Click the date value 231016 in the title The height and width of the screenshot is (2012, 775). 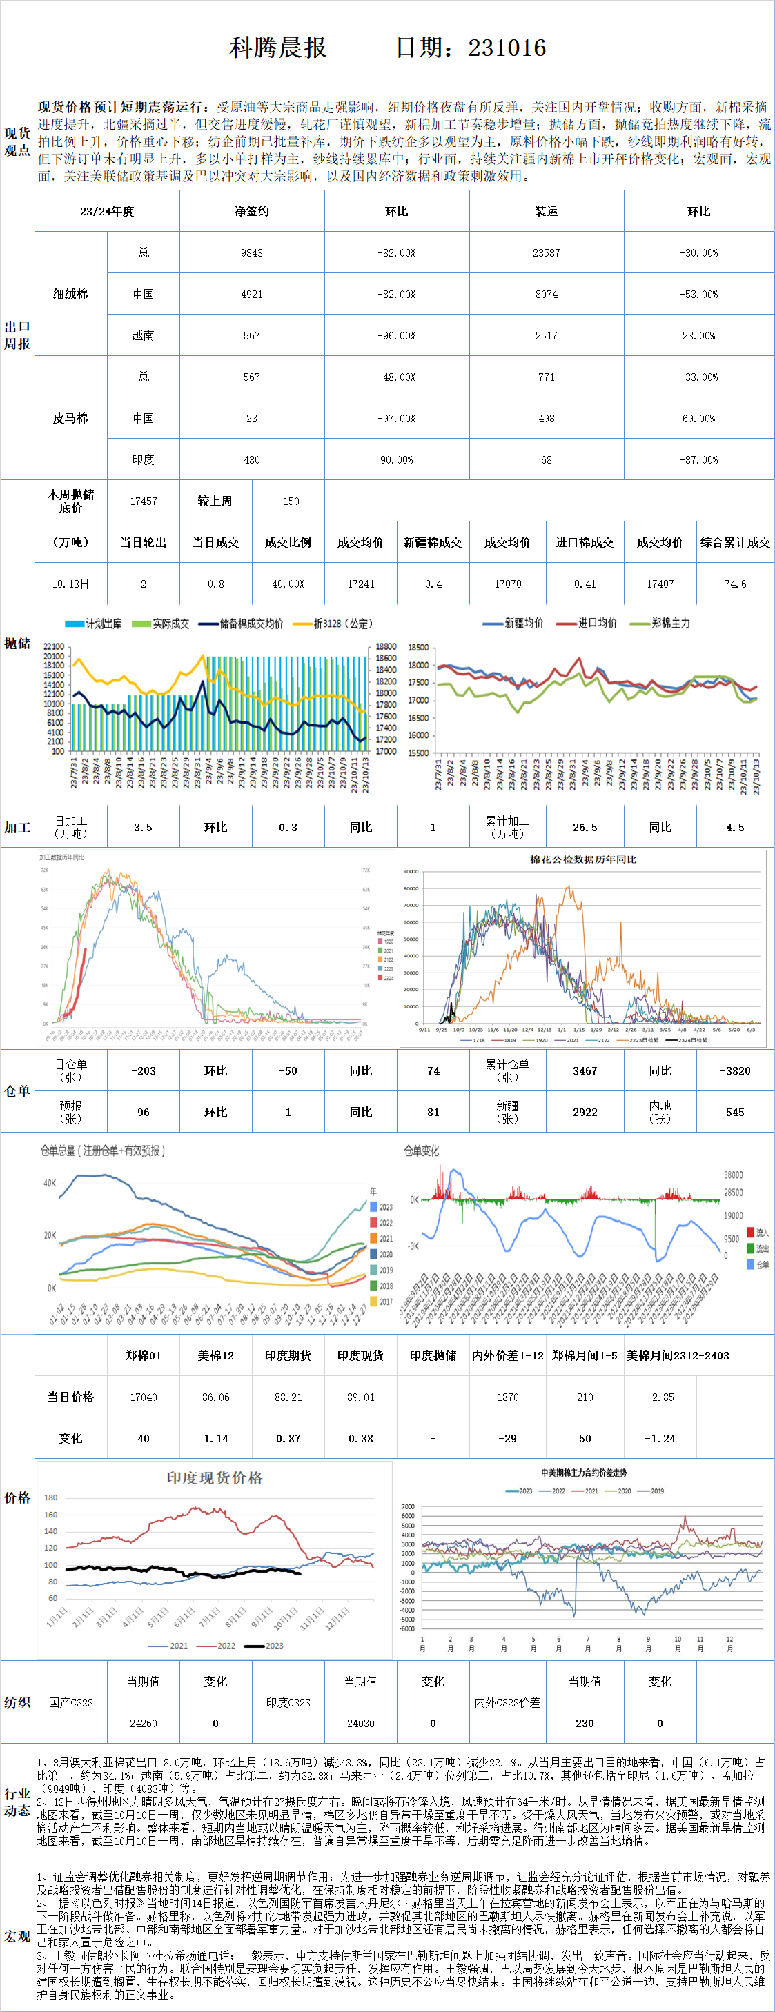click(x=507, y=48)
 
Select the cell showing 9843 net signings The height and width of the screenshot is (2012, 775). click(x=252, y=253)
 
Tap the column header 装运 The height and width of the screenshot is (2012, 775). click(x=546, y=212)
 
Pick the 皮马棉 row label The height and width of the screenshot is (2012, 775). click(x=70, y=419)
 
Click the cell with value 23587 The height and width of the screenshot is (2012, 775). click(x=546, y=253)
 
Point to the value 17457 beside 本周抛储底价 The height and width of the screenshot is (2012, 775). click(x=143, y=501)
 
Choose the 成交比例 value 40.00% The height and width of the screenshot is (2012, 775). click(x=288, y=584)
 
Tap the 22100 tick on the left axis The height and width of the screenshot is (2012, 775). click(x=53, y=647)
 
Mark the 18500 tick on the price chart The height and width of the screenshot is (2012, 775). click(x=418, y=648)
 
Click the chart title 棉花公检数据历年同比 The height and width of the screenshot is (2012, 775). click(x=583, y=860)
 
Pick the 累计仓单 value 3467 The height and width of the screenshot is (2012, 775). click(x=585, y=1070)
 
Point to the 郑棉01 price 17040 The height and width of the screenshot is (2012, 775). click(x=143, y=1397)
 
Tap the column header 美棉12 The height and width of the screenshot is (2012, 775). click(x=215, y=1356)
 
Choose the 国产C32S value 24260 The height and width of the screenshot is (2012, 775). click(x=143, y=1723)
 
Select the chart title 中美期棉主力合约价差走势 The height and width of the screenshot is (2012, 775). click(x=584, y=1473)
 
